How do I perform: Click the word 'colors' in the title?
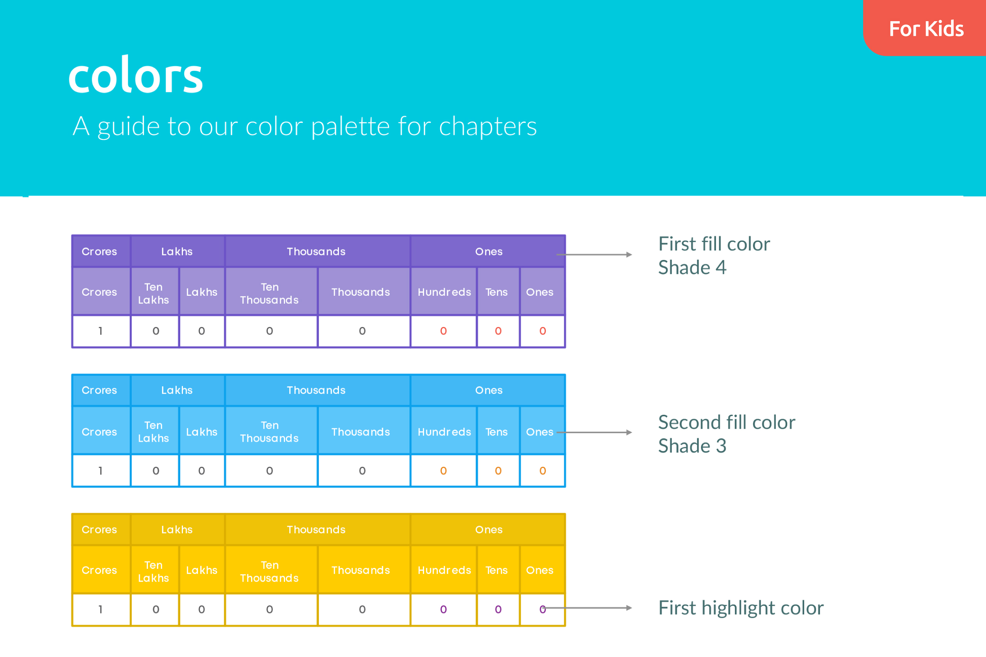pyautogui.click(x=135, y=75)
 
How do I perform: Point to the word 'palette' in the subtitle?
pyautogui.click(x=351, y=127)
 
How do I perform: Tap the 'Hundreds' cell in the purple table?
pyautogui.click(x=444, y=292)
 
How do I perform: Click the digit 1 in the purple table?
pyautogui.click(x=101, y=331)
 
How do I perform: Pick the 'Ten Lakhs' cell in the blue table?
pyautogui.click(x=154, y=432)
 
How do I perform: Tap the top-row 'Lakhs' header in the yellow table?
pyautogui.click(x=177, y=530)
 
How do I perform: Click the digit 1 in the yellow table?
pyautogui.click(x=101, y=609)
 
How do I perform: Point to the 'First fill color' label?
pyautogui.click(x=714, y=244)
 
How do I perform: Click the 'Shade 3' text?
pyautogui.click(x=692, y=446)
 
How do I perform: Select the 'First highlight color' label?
pyautogui.click(x=741, y=608)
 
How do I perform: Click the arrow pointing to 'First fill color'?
pyautogui.click(x=594, y=254)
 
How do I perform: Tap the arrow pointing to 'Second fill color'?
pyautogui.click(x=594, y=432)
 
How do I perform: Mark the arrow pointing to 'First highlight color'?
pyautogui.click(x=587, y=608)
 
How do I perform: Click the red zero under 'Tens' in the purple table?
pyautogui.click(x=498, y=331)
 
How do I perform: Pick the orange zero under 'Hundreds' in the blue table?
pyautogui.click(x=443, y=471)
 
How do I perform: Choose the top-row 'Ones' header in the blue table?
pyautogui.click(x=489, y=390)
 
